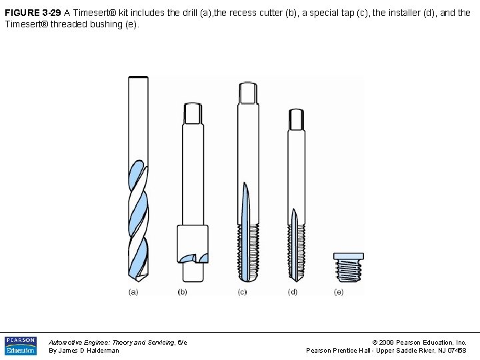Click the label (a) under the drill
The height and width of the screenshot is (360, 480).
pyautogui.click(x=133, y=292)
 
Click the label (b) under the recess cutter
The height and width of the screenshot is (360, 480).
pyautogui.click(x=182, y=292)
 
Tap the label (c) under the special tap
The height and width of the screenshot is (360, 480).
pyautogui.click(x=241, y=292)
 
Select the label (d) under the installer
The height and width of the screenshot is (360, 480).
pyautogui.click(x=293, y=292)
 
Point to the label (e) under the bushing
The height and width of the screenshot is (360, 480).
pyautogui.click(x=339, y=292)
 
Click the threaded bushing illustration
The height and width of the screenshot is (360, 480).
pyautogui.click(x=348, y=269)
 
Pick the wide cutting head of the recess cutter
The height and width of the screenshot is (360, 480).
pyautogui.click(x=192, y=245)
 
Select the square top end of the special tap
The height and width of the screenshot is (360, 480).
pyautogui.click(x=249, y=93)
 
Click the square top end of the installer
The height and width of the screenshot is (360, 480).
pyautogui.click(x=296, y=119)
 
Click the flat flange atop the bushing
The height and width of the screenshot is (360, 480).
pyautogui.click(x=349, y=256)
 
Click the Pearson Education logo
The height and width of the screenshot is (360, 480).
pyautogui.click(x=21, y=345)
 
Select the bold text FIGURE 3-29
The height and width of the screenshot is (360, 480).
pyautogui.click(x=33, y=13)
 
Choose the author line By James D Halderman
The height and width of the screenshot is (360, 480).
pyautogui.click(x=84, y=351)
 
